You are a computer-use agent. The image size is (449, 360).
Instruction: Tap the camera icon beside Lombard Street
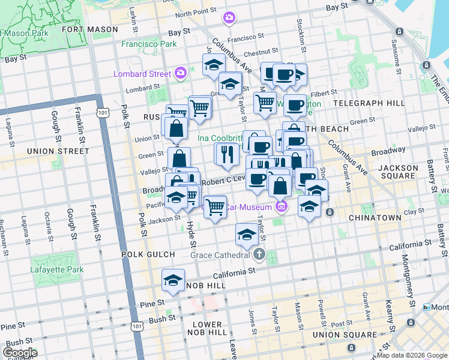(x=181, y=73)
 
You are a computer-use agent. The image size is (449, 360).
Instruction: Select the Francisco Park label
(x=149, y=44)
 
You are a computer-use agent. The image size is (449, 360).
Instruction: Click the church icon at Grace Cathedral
(x=259, y=254)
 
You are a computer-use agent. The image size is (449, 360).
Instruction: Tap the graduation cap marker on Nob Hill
(x=173, y=281)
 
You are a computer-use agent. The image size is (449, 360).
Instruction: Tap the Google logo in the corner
(x=20, y=352)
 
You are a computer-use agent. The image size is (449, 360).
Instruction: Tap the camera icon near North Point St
(x=229, y=18)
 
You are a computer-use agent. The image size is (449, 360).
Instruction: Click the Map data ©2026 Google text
(x=411, y=355)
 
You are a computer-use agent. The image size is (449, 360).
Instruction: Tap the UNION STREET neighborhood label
(x=58, y=151)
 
